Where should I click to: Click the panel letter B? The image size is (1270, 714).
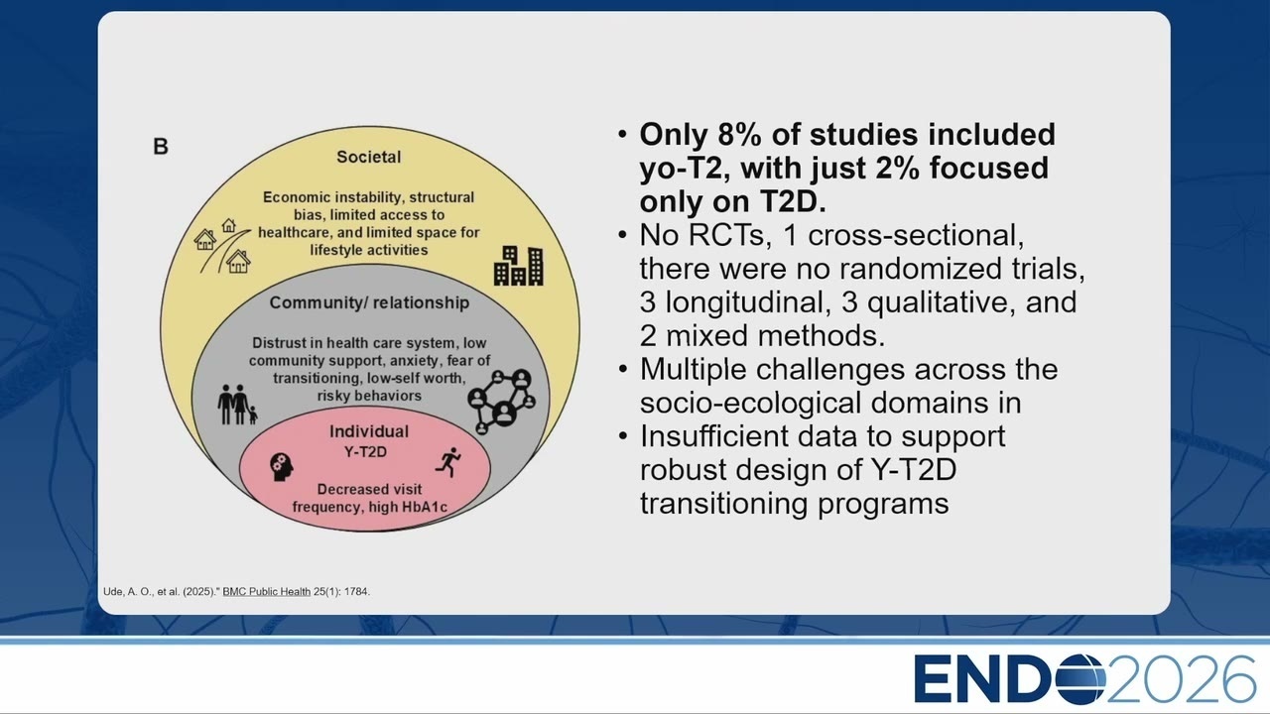click(x=161, y=146)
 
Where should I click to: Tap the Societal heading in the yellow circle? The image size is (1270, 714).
click(x=368, y=157)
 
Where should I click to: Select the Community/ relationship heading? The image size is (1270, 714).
click(x=369, y=302)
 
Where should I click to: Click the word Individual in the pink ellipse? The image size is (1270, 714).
click(x=369, y=431)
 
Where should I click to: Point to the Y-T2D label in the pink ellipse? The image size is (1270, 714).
click(x=366, y=451)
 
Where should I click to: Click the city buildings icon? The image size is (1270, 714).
click(x=519, y=266)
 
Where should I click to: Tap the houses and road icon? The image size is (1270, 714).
click(x=222, y=247)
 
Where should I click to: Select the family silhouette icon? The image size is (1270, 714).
click(x=237, y=405)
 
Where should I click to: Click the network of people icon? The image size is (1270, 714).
click(x=501, y=402)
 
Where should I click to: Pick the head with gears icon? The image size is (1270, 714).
click(x=282, y=467)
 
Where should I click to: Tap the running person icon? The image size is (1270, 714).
click(x=448, y=462)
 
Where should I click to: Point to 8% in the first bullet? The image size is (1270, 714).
click(x=740, y=135)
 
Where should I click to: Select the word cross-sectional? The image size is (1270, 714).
click(x=916, y=235)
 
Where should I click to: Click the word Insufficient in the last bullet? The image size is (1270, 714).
click(x=713, y=436)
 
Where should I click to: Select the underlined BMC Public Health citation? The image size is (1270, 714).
click(x=267, y=592)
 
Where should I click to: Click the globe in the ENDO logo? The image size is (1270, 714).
click(x=1079, y=679)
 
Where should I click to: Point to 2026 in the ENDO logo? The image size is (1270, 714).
click(x=1182, y=679)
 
